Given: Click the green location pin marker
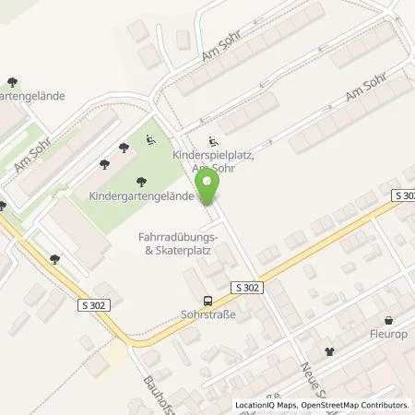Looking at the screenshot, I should coord(210,184).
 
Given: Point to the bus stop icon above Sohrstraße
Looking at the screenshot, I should coord(208,300).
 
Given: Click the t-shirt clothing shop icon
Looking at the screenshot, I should coord(329,350).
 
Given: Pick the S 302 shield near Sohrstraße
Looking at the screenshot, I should coord(248,288).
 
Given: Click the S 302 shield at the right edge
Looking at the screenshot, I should coord(403,196).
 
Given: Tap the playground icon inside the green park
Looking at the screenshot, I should coord(151,140).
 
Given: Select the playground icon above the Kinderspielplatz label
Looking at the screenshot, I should coord(214,142).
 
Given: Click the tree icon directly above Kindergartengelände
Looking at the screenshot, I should coord(141,182).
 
